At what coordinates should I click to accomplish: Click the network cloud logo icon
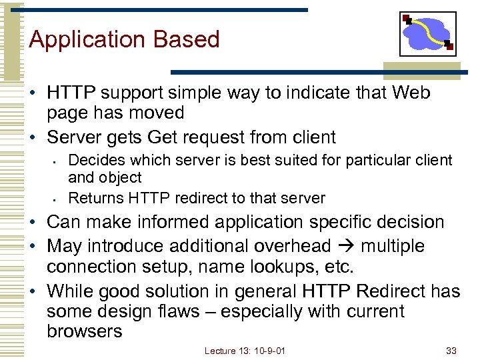tap(427, 33)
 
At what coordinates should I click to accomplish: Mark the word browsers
tap(85, 331)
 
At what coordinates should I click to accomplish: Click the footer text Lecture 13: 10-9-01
tap(245, 351)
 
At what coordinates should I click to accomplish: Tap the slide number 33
tap(452, 351)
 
